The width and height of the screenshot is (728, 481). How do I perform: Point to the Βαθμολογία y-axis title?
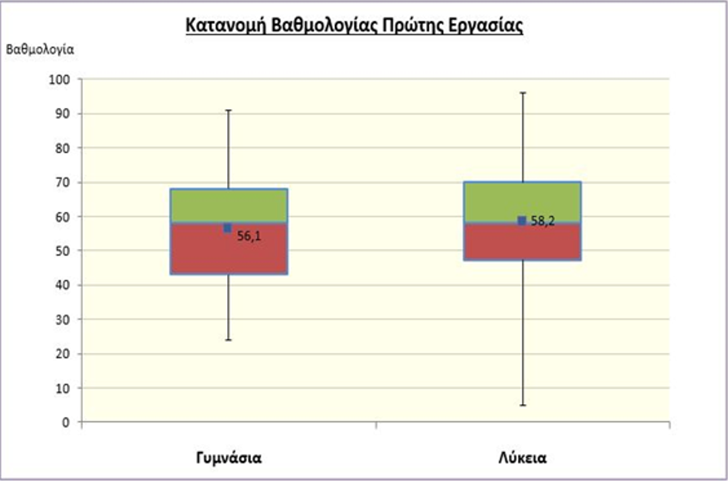pos(40,49)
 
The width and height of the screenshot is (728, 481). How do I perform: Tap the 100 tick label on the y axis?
pos(60,80)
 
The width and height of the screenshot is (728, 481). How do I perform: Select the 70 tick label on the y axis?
pos(63,182)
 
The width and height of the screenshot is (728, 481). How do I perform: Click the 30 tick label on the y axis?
pos(63,319)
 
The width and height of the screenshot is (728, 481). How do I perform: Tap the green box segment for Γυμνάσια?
pos(229,205)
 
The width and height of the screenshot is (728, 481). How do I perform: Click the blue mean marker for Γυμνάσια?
pos(228,228)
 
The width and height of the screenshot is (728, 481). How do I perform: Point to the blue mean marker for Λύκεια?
pos(522,221)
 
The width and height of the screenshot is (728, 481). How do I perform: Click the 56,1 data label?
pos(249,236)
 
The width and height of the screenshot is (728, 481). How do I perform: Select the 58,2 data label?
pos(543,221)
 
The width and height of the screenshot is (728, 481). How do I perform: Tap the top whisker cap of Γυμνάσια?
pos(229,110)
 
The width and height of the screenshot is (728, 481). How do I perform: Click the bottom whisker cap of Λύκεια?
pos(522,405)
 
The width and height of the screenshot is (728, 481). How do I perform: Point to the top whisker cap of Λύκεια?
pos(522,92)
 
